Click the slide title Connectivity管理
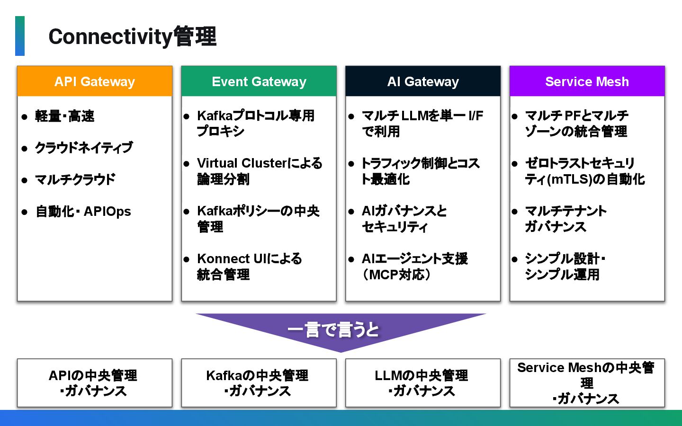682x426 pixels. point(132,37)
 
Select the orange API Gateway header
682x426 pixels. point(95,81)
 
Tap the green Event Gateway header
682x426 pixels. point(259,81)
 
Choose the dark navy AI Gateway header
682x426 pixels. point(423,81)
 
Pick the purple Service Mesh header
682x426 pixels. point(587,81)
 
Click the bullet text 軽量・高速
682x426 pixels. point(64,116)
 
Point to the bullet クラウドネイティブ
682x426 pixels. point(83,148)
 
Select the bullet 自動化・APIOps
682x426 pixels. point(83,211)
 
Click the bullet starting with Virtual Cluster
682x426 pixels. point(259,171)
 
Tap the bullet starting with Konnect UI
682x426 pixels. point(249,266)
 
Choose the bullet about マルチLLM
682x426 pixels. point(422,123)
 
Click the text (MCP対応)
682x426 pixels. point(396,275)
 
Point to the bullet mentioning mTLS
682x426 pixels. point(584,171)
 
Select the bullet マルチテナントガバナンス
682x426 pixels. point(565,219)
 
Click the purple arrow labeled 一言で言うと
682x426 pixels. point(340,330)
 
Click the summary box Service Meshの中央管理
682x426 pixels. point(587,383)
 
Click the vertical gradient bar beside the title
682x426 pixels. point(20,36)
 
